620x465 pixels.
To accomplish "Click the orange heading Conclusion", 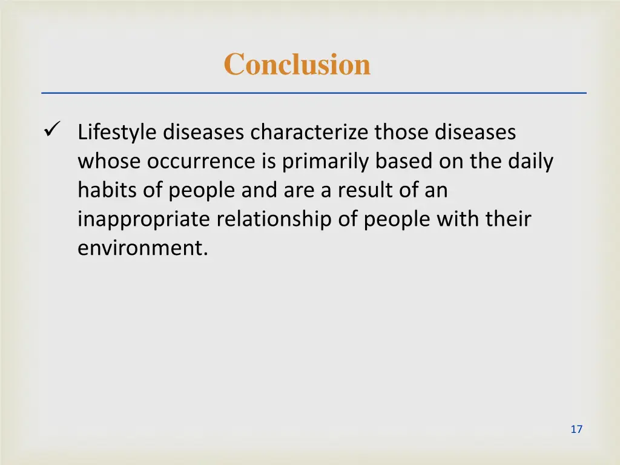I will tap(297, 64).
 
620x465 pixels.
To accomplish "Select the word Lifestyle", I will tap(117, 133).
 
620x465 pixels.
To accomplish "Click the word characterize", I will tap(311, 132).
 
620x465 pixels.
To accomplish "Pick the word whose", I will tap(109, 161).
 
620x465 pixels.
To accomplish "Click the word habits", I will tap(107, 190).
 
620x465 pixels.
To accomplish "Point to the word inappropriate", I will tap(145, 220).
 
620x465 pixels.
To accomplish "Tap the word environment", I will tap(142, 248).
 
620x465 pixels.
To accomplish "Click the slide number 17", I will tap(576, 429).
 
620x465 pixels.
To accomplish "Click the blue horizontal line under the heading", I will tap(314, 93).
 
